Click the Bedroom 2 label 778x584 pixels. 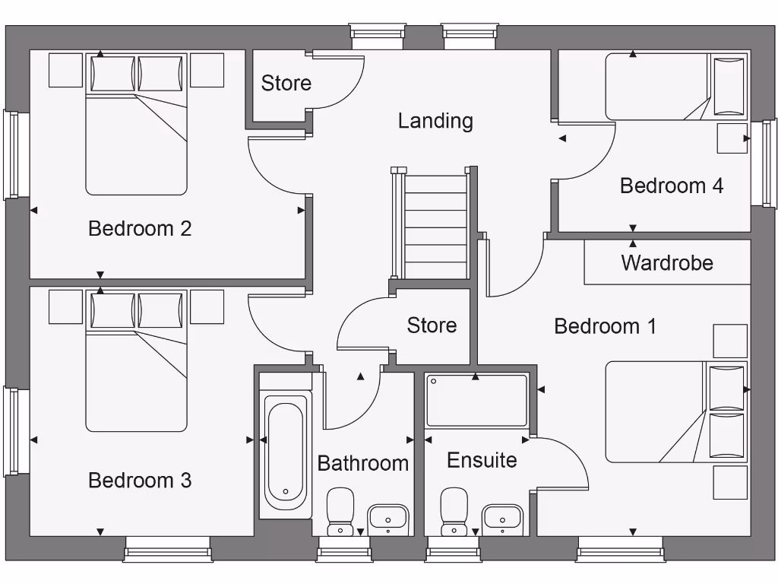[140, 228]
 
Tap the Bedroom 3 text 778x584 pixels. [140, 481]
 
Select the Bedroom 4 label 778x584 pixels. [672, 186]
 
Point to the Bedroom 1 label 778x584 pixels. [605, 326]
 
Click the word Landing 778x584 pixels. [435, 121]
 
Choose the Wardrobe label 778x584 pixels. [667, 263]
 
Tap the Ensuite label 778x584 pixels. [482, 460]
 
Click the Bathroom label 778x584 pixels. [362, 463]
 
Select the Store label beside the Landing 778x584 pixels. [286, 83]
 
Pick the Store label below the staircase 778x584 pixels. [432, 325]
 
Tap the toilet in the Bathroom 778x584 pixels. [340, 511]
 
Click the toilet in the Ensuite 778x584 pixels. [454, 511]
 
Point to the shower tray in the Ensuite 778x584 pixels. [476, 400]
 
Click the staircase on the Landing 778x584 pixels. [436, 225]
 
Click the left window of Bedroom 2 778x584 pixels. [11, 155]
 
